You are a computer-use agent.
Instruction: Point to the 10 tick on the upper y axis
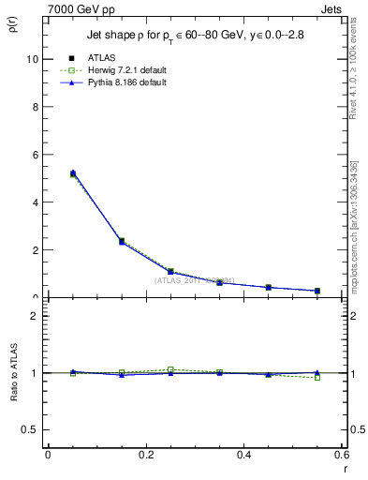coord(33,58)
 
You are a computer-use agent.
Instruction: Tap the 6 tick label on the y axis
coord(36,154)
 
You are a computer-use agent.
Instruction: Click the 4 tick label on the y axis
coord(36,202)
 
